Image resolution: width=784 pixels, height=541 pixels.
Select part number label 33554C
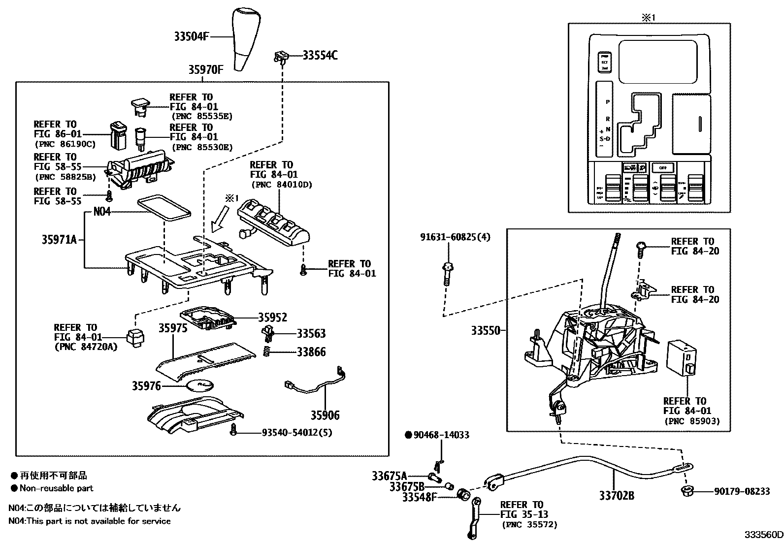pyautogui.click(x=320, y=55)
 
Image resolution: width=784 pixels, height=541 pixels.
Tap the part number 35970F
pyautogui.click(x=205, y=70)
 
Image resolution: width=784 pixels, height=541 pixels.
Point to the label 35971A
pyautogui.click(x=59, y=240)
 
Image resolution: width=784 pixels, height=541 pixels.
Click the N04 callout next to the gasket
pyautogui.click(x=102, y=212)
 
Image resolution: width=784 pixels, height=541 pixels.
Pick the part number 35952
pyautogui.click(x=272, y=318)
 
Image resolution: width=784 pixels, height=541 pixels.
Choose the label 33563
pyautogui.click(x=311, y=334)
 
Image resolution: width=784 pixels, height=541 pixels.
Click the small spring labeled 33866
pyautogui.click(x=266, y=352)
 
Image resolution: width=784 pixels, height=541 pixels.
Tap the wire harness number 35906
pyautogui.click(x=325, y=415)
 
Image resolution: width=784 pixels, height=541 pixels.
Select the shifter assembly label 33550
pyautogui.click(x=485, y=331)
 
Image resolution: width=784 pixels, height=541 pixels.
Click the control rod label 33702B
pyautogui.click(x=617, y=495)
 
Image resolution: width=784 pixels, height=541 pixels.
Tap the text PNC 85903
pyautogui.click(x=692, y=421)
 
